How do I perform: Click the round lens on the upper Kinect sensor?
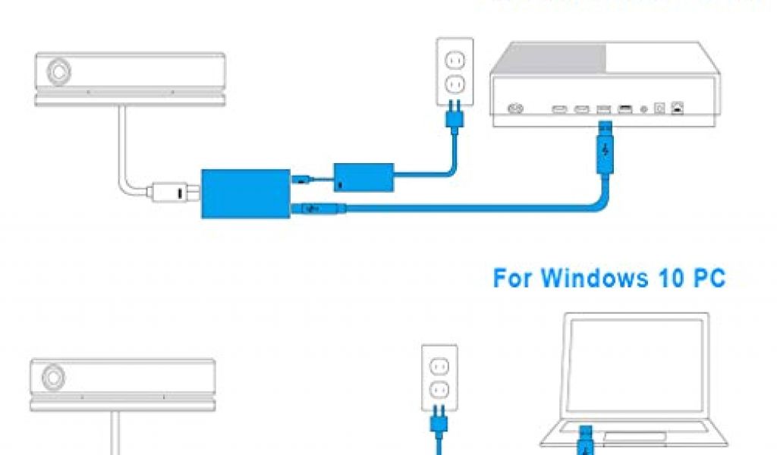[x=57, y=71]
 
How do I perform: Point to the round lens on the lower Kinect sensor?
[x=52, y=376]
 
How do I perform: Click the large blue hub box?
[x=245, y=193]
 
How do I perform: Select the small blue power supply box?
[x=363, y=177]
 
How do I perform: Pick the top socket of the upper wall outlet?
[x=454, y=60]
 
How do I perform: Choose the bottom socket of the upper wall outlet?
[x=454, y=82]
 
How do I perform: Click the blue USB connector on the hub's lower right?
[x=313, y=208]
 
